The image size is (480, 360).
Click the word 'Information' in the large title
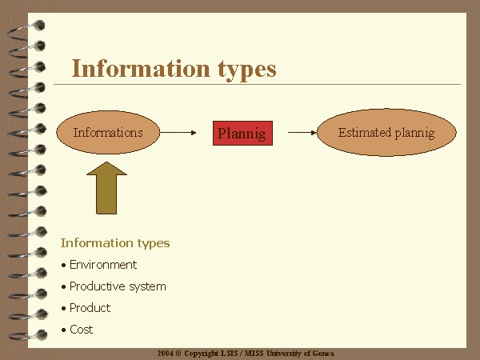coord(141,68)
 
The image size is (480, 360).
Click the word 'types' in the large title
coord(247,70)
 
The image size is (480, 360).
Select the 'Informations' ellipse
coord(108,132)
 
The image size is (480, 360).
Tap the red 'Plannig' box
coord(242,133)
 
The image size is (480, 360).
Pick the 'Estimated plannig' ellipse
coord(386,132)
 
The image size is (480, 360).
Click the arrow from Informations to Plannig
coord(178,133)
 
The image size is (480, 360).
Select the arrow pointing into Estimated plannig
coord(302,133)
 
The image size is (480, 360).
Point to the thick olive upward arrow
coord(106,188)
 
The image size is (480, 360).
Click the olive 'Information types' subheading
coord(115,243)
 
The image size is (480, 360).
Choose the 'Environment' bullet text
coord(103,265)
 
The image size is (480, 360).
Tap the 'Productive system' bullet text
coord(118,286)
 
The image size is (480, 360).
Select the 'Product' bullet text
coord(90,308)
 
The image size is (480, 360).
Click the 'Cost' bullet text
coord(81,330)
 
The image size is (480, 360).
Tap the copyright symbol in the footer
coord(178,354)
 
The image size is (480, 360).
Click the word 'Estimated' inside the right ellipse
coord(365,133)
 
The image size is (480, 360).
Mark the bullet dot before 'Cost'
coord(64,330)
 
